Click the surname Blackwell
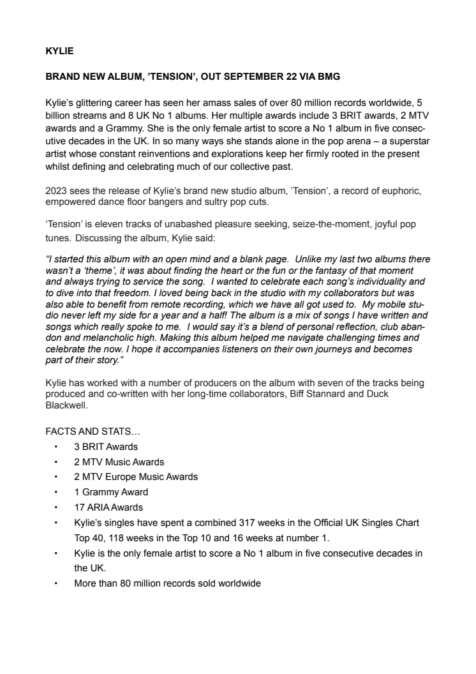point(67,405)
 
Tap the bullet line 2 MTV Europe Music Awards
point(136,477)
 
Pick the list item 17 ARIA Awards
point(108,507)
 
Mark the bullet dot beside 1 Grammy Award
point(57,493)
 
